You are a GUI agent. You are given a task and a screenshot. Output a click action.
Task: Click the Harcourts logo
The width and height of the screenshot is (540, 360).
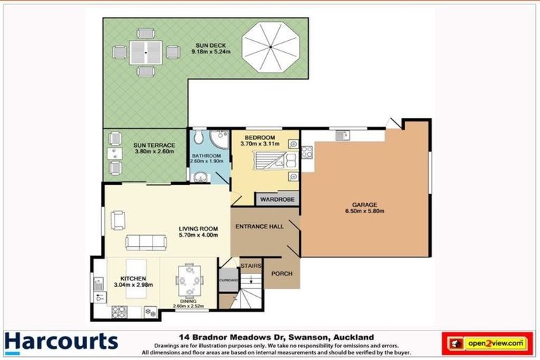point(61,342)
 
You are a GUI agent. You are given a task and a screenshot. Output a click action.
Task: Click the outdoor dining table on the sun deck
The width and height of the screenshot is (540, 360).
point(146,51)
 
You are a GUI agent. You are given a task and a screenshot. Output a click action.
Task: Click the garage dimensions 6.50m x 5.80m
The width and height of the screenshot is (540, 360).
point(364,210)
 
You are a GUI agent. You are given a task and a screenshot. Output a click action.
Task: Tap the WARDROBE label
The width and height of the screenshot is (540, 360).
point(276,200)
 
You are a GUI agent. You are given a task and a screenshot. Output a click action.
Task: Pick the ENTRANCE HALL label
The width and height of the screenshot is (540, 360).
point(258,227)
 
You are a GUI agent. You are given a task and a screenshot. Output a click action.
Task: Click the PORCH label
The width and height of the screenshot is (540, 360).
point(282,274)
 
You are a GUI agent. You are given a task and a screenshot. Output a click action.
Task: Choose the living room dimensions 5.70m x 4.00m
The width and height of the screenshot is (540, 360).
point(198,236)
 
